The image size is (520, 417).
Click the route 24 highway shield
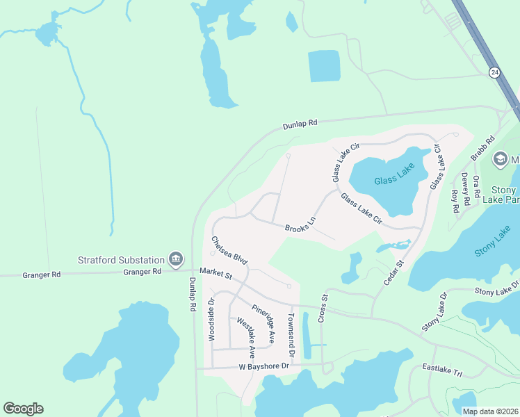pos(494,72)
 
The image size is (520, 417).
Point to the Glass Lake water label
pos(394,175)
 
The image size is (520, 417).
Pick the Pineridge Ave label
pos(263,323)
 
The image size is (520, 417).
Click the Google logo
pos(23,409)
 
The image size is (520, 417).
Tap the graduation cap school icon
pos(500,159)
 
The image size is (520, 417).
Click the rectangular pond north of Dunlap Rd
pos(324,66)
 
